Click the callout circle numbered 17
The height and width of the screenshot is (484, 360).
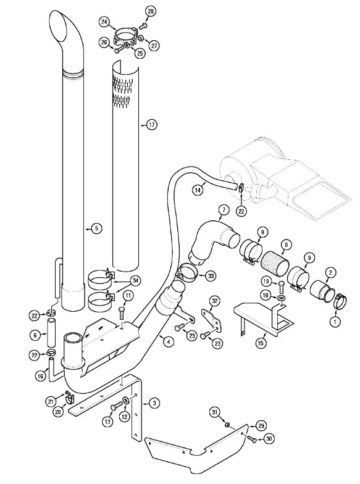pyautogui.click(x=152, y=125)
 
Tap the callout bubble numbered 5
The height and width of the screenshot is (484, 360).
pyautogui.click(x=96, y=228)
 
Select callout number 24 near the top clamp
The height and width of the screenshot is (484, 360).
pyautogui.click(x=104, y=22)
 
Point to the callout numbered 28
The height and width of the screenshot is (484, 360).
pyautogui.click(x=151, y=12)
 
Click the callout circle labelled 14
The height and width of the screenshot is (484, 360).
pyautogui.click(x=198, y=190)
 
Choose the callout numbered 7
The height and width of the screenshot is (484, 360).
pyautogui.click(x=224, y=211)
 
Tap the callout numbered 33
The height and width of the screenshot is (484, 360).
pyautogui.click(x=211, y=275)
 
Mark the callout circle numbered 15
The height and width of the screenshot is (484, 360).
pyautogui.click(x=261, y=343)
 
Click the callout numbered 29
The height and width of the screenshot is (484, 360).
pyautogui.click(x=261, y=426)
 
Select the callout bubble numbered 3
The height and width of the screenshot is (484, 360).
pyautogui.click(x=154, y=403)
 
